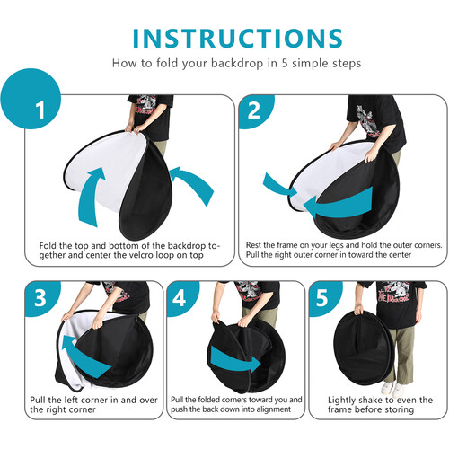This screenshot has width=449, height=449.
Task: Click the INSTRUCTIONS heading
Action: tap(237, 39)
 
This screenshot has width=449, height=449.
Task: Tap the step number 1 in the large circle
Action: tap(40, 110)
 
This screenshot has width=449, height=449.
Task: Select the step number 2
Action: tap(254, 110)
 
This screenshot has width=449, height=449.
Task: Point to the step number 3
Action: tap(40, 298)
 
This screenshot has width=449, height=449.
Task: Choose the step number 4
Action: tap(180, 298)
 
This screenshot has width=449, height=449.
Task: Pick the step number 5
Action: tap(321, 298)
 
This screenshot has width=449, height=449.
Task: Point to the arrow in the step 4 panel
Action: tap(235, 359)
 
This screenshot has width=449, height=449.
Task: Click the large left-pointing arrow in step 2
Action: tap(339, 203)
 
